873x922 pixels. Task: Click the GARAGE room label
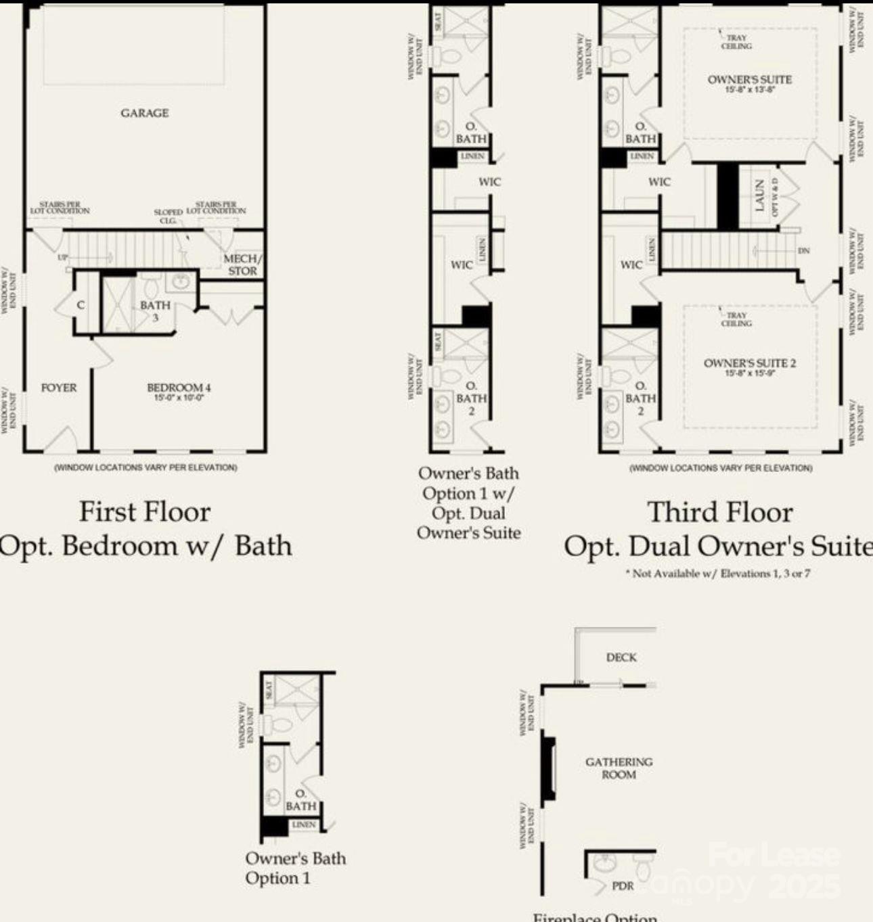tap(144, 113)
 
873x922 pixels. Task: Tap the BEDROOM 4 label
tap(179, 388)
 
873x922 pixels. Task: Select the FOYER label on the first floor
tap(59, 388)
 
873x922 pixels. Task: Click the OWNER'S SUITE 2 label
tap(749, 363)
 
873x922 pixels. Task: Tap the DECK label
tap(621, 657)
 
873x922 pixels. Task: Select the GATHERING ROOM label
tap(619, 768)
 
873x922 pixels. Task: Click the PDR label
tap(623, 885)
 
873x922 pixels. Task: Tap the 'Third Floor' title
tap(720, 512)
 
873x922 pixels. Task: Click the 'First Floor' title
tap(145, 511)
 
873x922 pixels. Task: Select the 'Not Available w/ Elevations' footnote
tap(717, 574)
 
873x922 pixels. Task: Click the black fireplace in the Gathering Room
tap(547, 768)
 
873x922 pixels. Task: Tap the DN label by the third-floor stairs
tap(803, 251)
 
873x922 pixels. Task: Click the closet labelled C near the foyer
tap(81, 305)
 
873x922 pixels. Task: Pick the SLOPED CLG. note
tap(168, 216)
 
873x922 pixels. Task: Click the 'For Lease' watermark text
tap(774, 856)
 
